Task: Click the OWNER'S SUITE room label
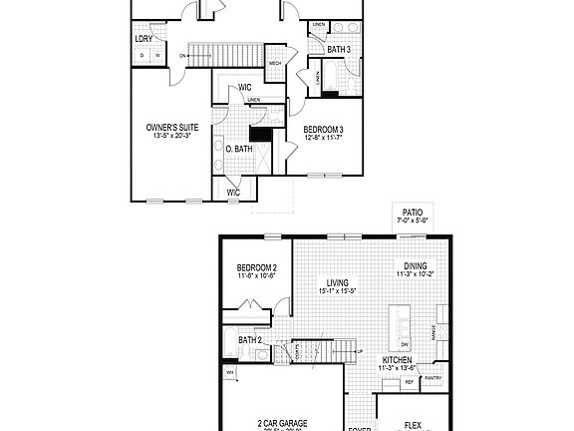[x=172, y=128]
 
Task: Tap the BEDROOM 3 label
[x=323, y=130]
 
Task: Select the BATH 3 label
[x=339, y=50]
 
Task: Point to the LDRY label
[x=143, y=40]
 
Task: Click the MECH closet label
[x=275, y=66]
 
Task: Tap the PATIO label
[x=412, y=213]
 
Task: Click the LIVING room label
[x=337, y=282]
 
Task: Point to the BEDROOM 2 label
[x=256, y=269]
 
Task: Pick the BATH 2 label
[x=250, y=340]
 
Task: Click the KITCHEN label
[x=398, y=359]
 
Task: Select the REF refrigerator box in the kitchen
[x=409, y=382]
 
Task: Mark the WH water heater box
[x=230, y=373]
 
